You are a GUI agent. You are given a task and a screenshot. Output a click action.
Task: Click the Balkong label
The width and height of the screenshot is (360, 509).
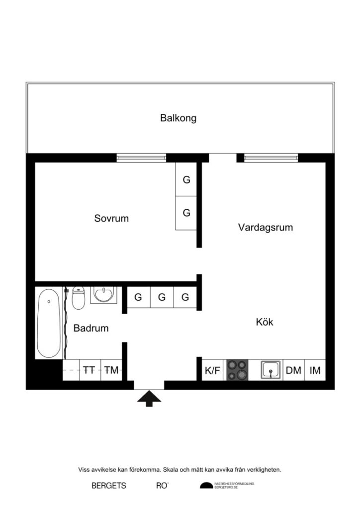pyautogui.click(x=178, y=118)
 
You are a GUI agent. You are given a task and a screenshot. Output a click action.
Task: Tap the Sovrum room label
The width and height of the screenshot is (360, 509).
pyautogui.click(x=111, y=218)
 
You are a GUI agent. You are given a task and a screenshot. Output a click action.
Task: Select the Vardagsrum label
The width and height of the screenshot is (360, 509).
pyautogui.click(x=265, y=228)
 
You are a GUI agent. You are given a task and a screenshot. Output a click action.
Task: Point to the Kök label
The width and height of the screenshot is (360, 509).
pyautogui.click(x=265, y=322)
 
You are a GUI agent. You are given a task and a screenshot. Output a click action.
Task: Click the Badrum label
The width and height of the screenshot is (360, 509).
pyautogui.click(x=91, y=328)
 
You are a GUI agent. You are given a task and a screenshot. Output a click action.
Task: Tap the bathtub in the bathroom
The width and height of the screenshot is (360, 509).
pyautogui.click(x=49, y=323)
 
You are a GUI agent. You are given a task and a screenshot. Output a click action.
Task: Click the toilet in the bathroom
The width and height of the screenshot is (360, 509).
pyautogui.click(x=79, y=298)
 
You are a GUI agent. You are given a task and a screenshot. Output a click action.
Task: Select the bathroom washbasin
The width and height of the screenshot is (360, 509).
pyautogui.click(x=103, y=295)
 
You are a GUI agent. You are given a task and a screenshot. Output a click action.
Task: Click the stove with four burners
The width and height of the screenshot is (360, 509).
pyautogui.click(x=237, y=370)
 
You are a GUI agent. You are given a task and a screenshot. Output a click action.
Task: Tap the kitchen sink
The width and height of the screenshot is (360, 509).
pyautogui.click(x=271, y=370)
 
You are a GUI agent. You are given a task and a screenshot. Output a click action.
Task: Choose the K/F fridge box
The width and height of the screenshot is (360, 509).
pyautogui.click(x=212, y=370)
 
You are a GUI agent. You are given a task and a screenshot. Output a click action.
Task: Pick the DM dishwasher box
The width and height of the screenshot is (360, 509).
pyautogui.click(x=293, y=370)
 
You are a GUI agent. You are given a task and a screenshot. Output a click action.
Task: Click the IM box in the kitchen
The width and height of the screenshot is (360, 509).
pyautogui.click(x=315, y=370)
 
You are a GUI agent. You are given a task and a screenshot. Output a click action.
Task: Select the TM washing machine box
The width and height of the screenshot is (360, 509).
pyautogui.click(x=112, y=370)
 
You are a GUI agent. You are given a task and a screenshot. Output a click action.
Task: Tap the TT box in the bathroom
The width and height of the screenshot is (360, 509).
pyautogui.click(x=90, y=370)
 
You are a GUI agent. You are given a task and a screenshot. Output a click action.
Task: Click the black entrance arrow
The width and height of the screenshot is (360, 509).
pyautogui.click(x=149, y=399)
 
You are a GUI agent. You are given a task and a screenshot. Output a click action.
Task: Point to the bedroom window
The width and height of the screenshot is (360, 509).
pyautogui.click(x=141, y=158)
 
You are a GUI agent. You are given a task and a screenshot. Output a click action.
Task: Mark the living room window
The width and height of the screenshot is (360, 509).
pyautogui.click(x=270, y=158)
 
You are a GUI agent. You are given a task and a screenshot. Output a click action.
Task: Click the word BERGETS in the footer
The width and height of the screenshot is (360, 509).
pyautogui.click(x=109, y=486)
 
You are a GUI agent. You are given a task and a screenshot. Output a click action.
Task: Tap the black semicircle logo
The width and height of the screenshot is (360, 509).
pyautogui.click(x=206, y=486)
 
